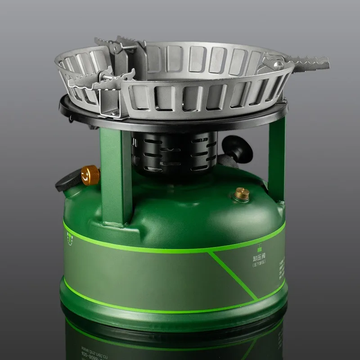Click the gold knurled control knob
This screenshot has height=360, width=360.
(90, 175)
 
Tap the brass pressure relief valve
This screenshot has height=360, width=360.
(241, 194)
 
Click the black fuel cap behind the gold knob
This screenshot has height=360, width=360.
(67, 182)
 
